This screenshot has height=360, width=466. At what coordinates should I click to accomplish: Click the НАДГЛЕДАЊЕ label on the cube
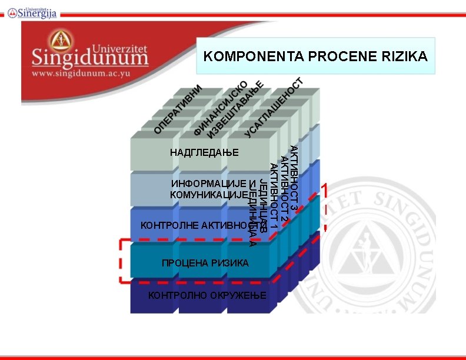tap(204, 153)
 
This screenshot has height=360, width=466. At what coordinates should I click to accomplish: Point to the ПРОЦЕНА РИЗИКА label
tap(205, 263)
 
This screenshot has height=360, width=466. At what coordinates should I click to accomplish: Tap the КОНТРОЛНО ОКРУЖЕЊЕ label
tap(207, 295)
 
